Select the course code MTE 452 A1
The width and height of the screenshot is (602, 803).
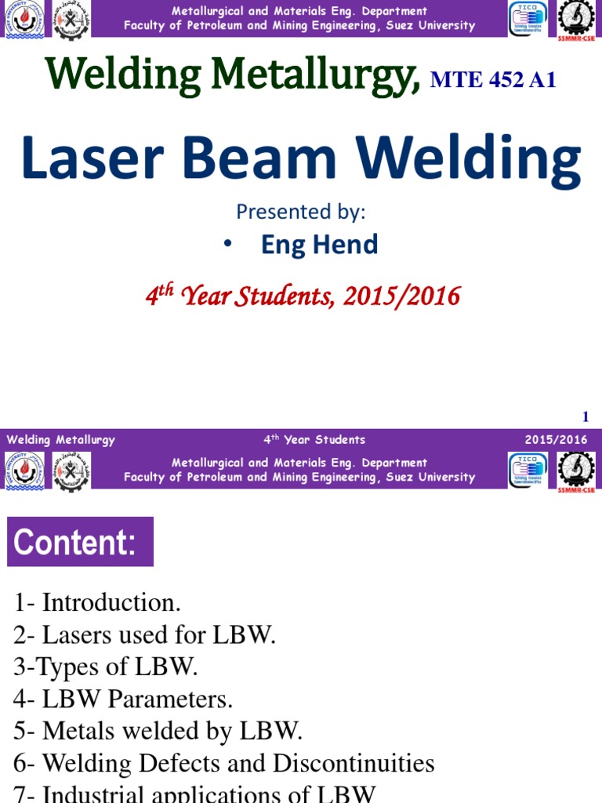(x=493, y=80)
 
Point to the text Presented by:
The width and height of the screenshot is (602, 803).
(x=301, y=212)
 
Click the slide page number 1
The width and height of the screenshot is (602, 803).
(x=585, y=416)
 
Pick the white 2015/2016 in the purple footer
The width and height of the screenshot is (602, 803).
(x=556, y=440)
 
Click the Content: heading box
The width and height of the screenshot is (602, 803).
(x=80, y=542)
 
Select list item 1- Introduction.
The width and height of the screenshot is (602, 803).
(x=97, y=603)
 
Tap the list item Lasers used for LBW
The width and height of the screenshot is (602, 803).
(x=159, y=635)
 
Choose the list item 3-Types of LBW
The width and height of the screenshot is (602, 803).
(x=106, y=667)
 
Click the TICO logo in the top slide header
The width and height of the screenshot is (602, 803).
(x=528, y=20)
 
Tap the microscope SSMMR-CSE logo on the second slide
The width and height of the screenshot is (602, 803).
(x=575, y=471)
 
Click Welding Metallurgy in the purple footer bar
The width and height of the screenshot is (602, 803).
(x=61, y=440)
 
